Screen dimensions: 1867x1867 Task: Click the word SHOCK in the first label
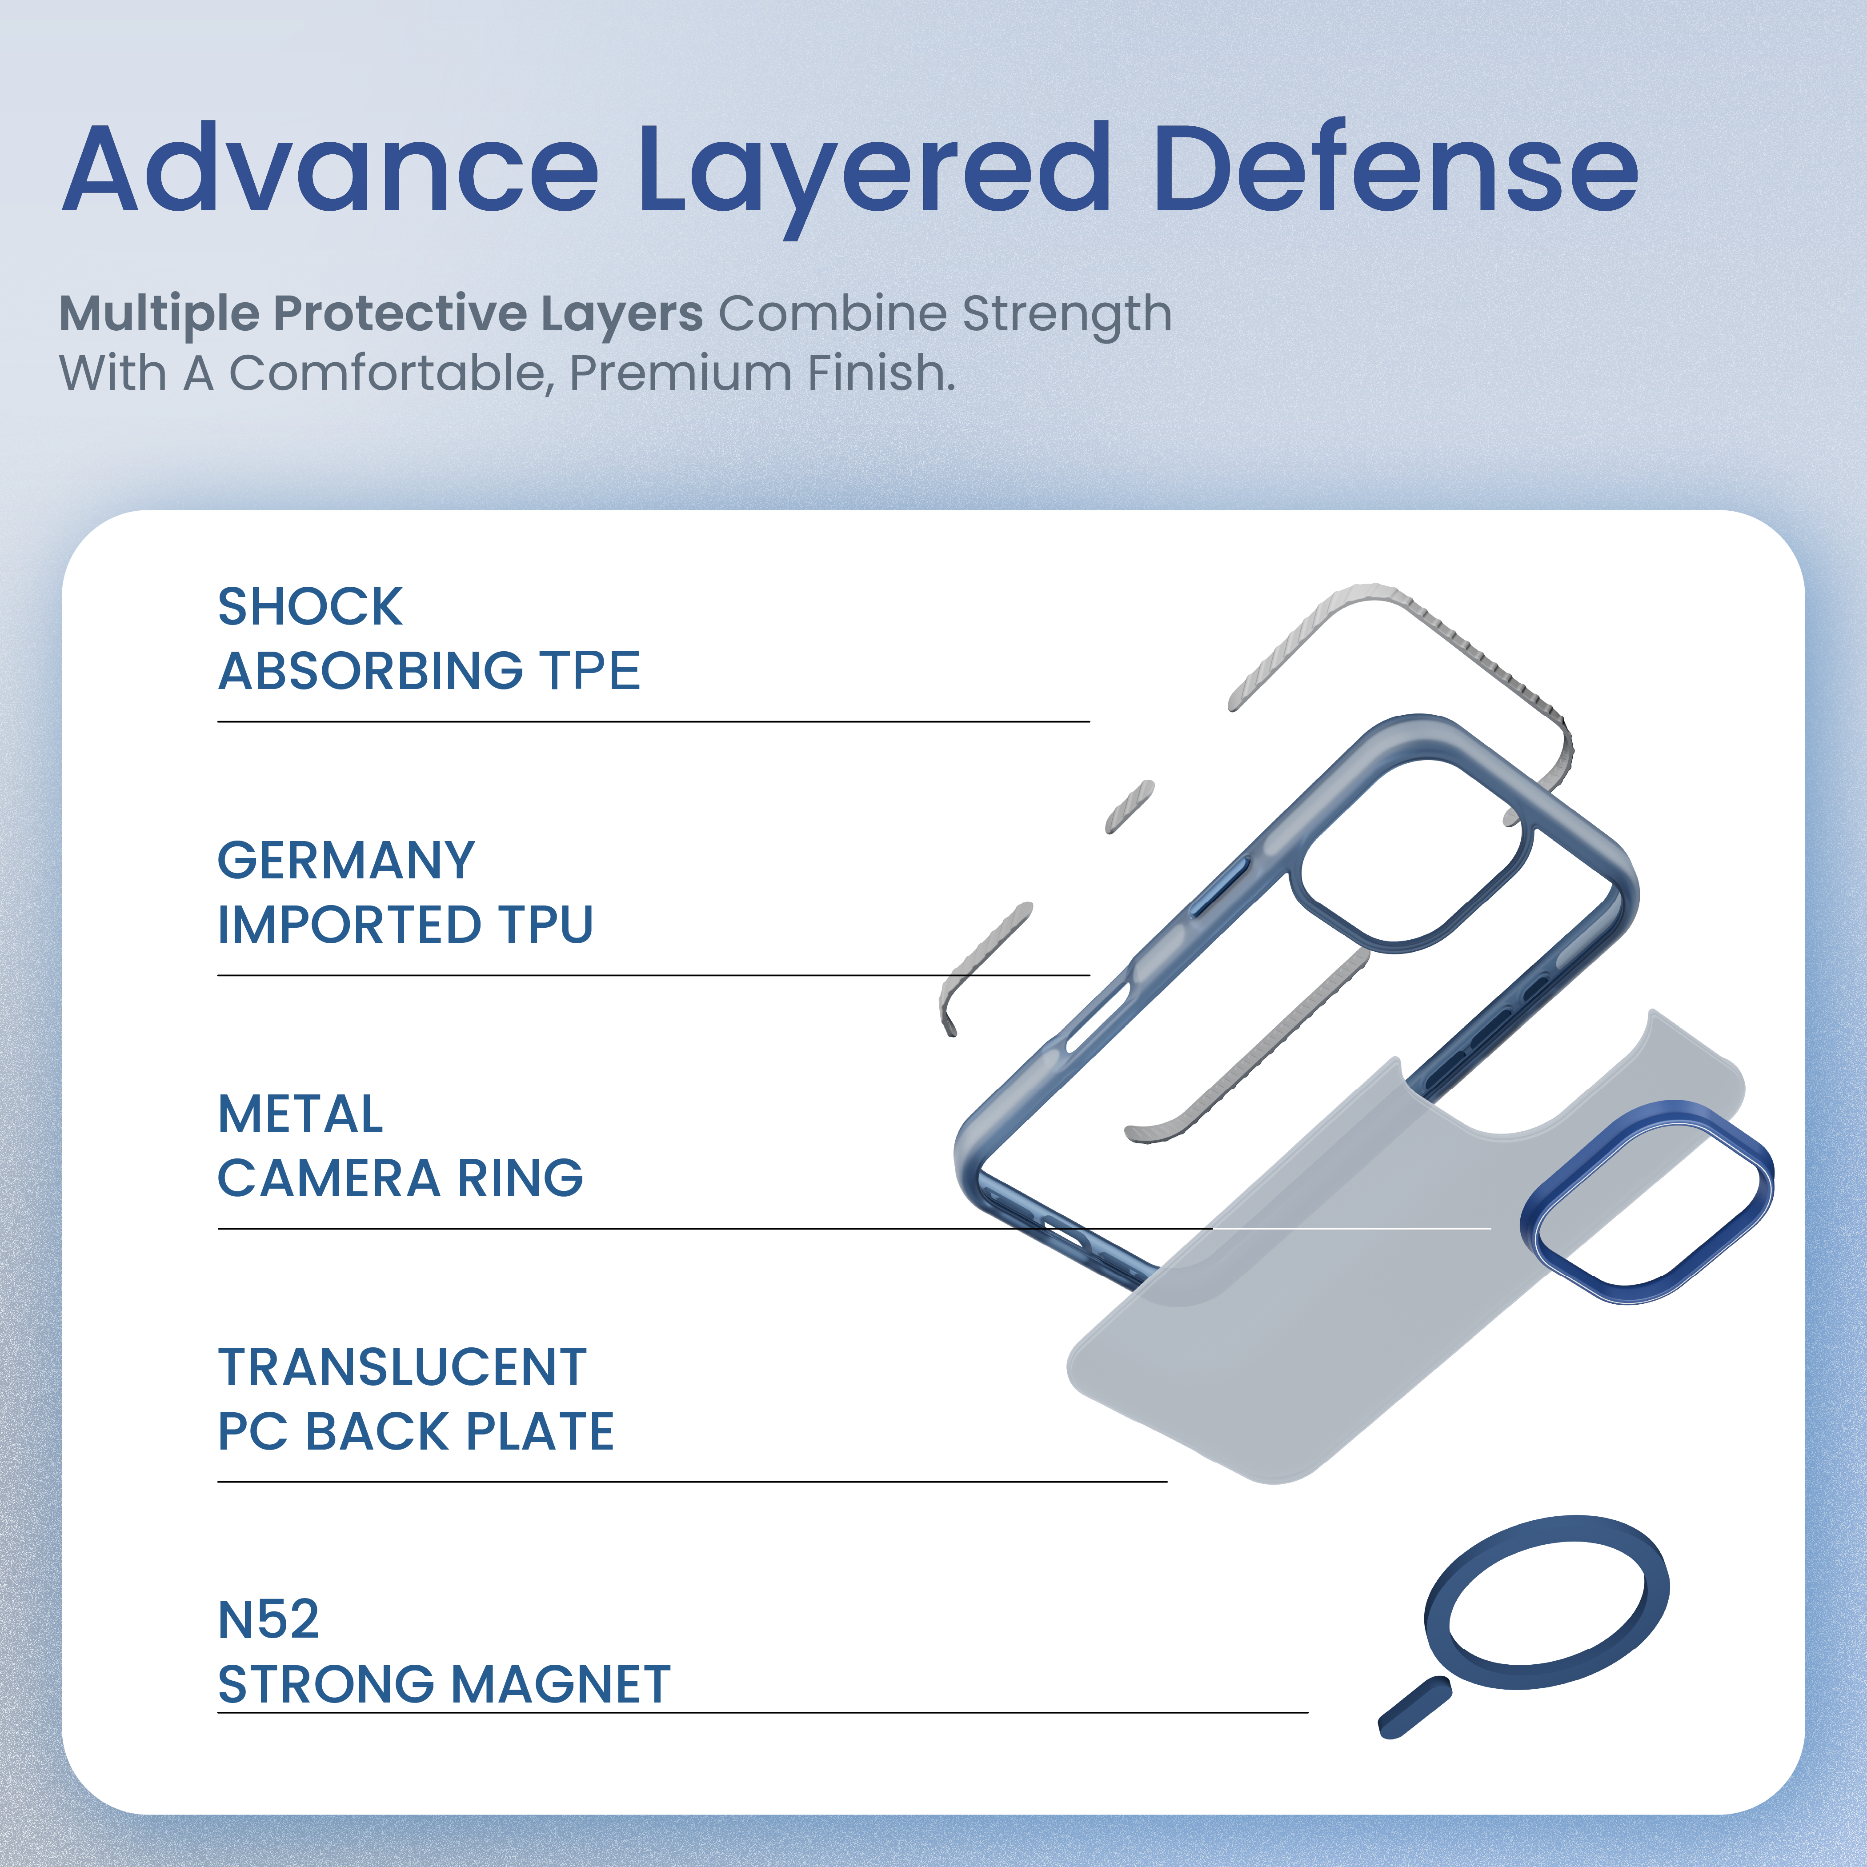coord(310,607)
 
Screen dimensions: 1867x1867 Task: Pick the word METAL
coord(300,1114)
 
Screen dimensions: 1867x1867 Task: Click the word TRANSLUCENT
coord(403,1367)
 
